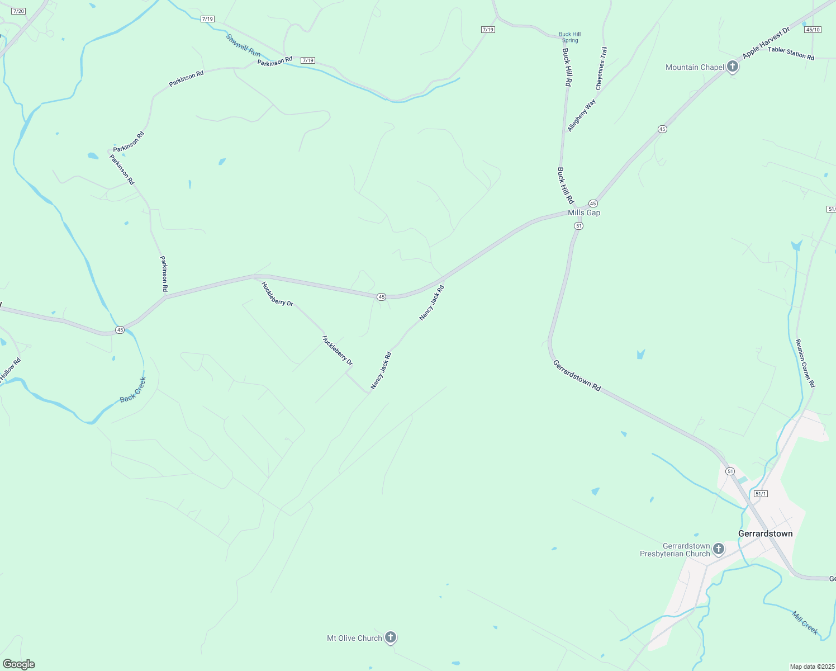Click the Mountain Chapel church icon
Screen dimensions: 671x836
click(732, 67)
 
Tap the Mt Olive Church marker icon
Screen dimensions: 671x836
click(391, 637)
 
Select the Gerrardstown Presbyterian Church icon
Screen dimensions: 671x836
click(718, 549)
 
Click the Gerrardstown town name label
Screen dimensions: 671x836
click(765, 533)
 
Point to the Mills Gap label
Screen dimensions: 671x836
click(584, 213)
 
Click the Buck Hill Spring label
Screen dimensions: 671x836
click(570, 37)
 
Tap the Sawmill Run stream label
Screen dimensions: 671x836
click(244, 45)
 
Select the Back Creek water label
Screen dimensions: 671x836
click(133, 390)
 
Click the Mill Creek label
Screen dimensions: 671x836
click(805, 622)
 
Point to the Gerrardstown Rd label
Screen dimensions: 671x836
click(577, 376)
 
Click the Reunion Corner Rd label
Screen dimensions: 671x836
click(805, 363)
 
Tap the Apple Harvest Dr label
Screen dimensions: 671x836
click(766, 43)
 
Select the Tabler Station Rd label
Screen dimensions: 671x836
click(791, 53)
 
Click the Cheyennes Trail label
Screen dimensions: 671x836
click(601, 68)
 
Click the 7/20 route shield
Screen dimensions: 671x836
click(18, 11)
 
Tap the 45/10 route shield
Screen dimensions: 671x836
click(813, 30)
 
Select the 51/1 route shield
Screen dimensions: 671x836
click(761, 494)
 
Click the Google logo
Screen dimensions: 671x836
click(18, 664)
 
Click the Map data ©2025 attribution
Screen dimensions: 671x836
click(811, 667)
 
